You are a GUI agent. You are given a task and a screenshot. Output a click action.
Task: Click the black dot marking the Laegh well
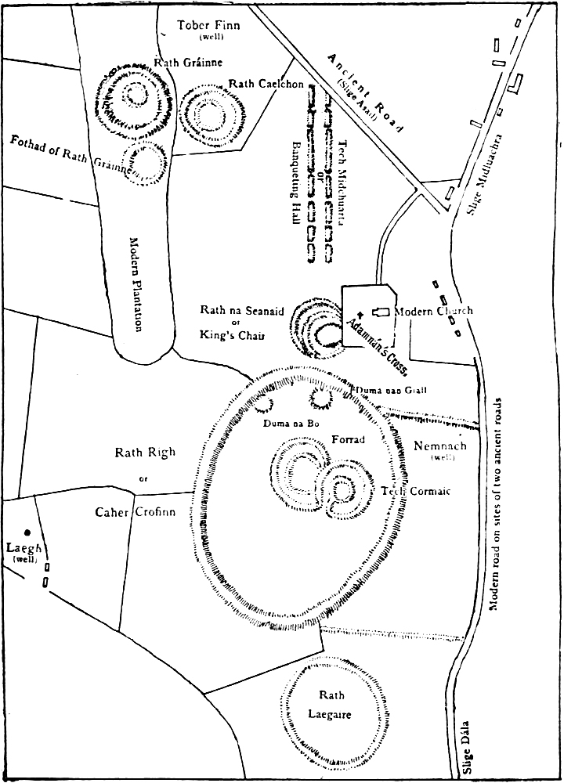27,532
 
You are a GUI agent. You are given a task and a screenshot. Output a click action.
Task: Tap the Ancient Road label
364,93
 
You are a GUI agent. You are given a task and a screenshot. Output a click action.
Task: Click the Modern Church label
433,311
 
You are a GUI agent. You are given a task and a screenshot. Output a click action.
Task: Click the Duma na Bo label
285,423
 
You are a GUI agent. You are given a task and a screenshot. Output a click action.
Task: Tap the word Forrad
349,439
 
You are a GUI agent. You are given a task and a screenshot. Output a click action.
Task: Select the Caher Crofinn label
135,512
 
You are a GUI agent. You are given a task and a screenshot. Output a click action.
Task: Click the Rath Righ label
145,452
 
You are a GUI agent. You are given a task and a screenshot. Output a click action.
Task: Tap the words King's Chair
232,335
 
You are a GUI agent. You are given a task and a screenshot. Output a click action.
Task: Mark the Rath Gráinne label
189,62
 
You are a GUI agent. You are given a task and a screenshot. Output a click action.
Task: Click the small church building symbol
381,312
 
